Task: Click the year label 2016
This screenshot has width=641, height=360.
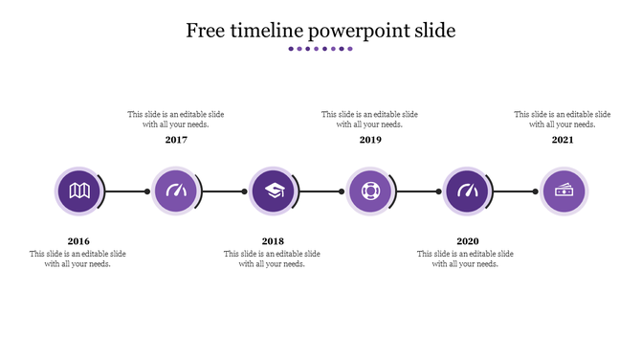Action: [x=78, y=241]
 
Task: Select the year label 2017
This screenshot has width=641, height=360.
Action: [x=176, y=140]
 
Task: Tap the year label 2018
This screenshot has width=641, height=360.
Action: [x=273, y=241]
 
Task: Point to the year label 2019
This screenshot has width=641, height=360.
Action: [x=370, y=140]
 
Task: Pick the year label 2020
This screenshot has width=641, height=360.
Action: [x=468, y=241]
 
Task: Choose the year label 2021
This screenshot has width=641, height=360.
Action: [x=564, y=140]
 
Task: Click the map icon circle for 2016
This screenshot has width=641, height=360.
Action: [x=79, y=191]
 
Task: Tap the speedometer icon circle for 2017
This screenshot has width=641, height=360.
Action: [x=176, y=191]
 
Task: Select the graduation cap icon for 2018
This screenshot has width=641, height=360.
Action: [x=274, y=191]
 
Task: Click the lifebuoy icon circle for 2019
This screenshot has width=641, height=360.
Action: [x=370, y=191]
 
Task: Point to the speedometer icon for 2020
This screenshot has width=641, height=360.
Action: [x=468, y=191]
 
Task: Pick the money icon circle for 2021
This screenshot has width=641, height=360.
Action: [x=564, y=191]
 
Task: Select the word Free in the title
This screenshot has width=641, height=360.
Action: [x=205, y=31]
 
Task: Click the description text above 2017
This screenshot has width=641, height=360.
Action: [x=176, y=119]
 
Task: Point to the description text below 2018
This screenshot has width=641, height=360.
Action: [x=273, y=259]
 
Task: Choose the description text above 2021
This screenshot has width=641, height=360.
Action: [x=563, y=119]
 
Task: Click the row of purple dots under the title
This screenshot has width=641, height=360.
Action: [x=320, y=49]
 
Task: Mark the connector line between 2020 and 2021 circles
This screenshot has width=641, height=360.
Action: [x=517, y=191]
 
